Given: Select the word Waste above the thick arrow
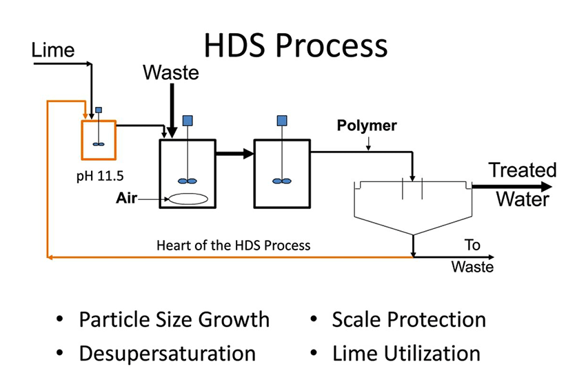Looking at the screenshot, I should coord(171,72).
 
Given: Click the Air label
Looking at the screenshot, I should coord(127,199).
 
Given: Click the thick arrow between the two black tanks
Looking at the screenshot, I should coord(234,154).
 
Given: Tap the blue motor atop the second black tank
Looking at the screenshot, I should coord(281,121).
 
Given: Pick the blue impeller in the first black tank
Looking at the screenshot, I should coord(187,181).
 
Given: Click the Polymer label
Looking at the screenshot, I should coord(366,126).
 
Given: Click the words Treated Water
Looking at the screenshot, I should coord(522,185).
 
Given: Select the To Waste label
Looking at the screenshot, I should coord(472,256).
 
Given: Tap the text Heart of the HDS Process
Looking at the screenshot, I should coord(233,245).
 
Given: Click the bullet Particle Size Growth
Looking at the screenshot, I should coord(174,319).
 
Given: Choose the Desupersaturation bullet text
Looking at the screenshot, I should coord(167,353).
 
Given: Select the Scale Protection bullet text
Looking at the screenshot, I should coord(408,319).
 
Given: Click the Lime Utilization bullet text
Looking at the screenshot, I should coord(405,353).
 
